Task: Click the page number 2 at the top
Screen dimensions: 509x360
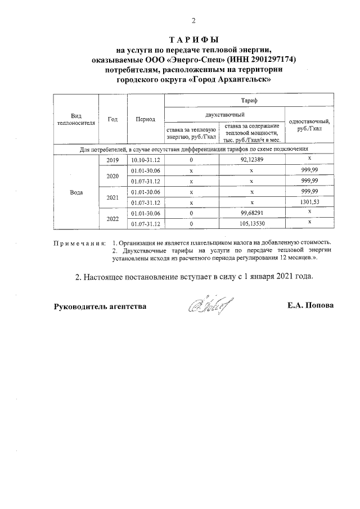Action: point(193,21)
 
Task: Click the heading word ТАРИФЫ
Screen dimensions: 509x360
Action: point(193,40)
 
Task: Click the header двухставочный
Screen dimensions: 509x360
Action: point(224,114)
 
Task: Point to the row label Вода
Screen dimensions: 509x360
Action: point(76,192)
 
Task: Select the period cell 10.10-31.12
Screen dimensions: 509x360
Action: point(145,160)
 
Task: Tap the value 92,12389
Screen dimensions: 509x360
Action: point(251,160)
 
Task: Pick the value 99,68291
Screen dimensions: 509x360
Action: point(251,213)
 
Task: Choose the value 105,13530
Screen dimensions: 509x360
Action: point(251,224)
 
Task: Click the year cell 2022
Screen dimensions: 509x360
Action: point(112,219)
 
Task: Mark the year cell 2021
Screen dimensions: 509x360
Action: point(112,197)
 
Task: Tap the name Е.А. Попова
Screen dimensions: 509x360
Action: point(310,306)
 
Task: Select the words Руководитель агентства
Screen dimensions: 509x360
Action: point(100,307)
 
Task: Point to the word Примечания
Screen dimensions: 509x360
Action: point(79,243)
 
